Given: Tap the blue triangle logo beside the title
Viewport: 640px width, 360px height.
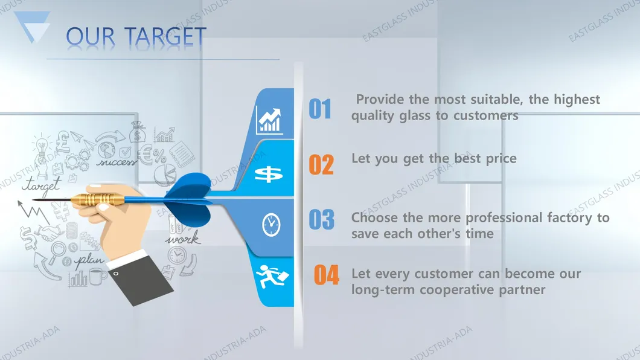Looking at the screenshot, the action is (x=32, y=26).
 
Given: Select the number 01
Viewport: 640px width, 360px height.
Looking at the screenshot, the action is (x=319, y=109).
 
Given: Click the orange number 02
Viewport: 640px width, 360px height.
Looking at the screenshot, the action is (x=321, y=164).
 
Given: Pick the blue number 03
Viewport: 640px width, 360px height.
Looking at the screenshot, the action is (x=322, y=220).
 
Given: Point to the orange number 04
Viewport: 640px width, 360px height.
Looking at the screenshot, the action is (x=326, y=275).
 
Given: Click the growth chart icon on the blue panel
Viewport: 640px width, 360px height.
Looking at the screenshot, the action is (x=269, y=120).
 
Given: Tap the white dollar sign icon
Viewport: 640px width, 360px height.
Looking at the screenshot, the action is (x=269, y=175).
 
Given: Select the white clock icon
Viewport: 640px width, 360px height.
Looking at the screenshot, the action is (x=271, y=225).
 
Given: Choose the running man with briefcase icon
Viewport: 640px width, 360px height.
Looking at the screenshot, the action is (x=272, y=276).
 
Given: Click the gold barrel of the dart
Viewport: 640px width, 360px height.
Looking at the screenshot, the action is (x=98, y=199).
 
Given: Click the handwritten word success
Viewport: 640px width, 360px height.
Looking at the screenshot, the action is (x=117, y=162).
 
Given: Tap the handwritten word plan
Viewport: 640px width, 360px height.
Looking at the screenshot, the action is (x=89, y=260).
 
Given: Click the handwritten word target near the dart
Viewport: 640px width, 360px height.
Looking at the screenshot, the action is (x=42, y=185).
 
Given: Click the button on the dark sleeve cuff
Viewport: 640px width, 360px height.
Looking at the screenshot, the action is (x=117, y=274).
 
